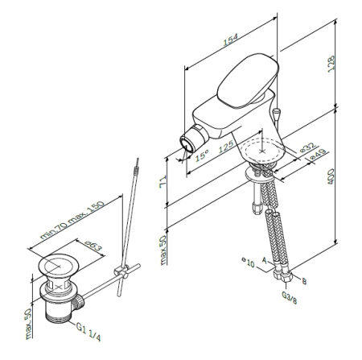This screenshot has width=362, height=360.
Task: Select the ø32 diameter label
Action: click(x=306, y=149)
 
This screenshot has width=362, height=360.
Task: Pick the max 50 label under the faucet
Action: click(x=162, y=252)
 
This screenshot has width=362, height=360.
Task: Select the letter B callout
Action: click(x=303, y=282)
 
